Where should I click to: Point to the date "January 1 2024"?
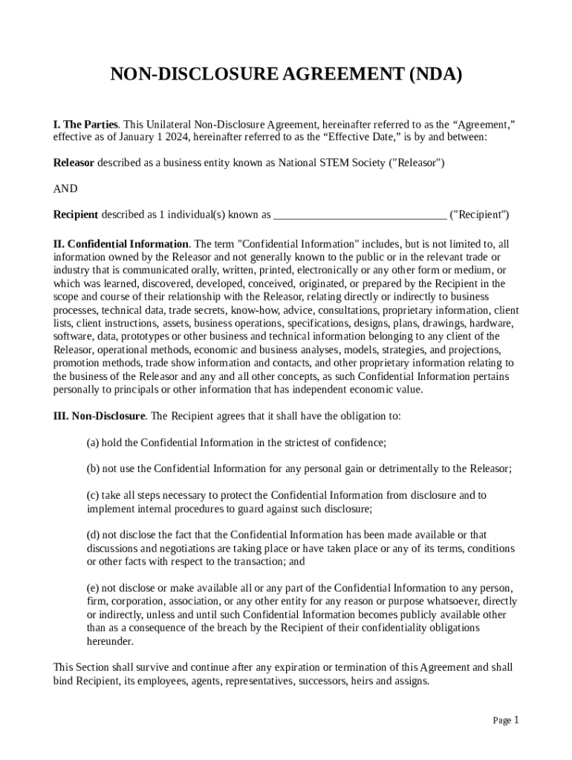point(142,137)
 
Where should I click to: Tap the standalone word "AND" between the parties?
point(65,189)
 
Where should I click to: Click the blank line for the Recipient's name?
point(360,215)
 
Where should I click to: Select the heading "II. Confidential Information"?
point(121,243)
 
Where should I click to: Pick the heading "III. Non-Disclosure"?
point(99,416)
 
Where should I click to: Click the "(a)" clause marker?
point(93,443)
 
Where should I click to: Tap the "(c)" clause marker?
point(93,495)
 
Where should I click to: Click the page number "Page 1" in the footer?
point(506,721)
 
